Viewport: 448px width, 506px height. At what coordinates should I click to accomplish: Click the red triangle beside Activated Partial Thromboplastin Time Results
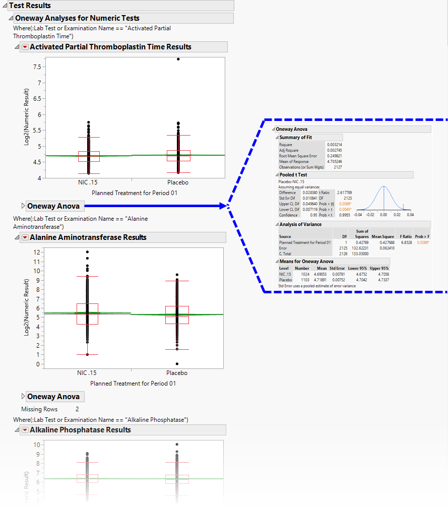point(24,47)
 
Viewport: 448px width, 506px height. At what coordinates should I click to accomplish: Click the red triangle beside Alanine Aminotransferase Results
point(24,237)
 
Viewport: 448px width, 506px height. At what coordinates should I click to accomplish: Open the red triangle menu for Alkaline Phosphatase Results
point(24,430)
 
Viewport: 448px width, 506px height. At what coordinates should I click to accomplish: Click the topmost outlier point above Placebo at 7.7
point(178,59)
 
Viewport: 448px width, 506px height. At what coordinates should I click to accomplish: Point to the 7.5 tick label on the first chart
point(36,67)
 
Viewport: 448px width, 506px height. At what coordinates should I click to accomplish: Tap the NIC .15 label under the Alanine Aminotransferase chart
point(87,373)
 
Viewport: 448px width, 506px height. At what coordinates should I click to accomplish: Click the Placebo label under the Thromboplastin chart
point(177,182)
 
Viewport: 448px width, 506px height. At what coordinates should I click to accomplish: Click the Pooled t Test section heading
point(293,175)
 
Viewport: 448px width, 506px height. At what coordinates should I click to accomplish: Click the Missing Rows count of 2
point(77,409)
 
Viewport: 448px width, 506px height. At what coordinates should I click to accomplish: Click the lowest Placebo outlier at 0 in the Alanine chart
point(177,364)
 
